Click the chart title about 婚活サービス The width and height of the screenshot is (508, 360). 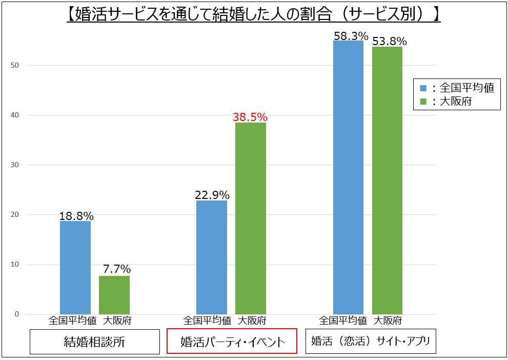[x=254, y=14]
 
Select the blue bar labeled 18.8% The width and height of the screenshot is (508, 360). [x=75, y=267]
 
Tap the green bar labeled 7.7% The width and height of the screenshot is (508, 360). [x=114, y=295]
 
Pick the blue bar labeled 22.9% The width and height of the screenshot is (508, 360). [x=212, y=257]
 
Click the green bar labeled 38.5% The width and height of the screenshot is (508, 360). [x=251, y=218]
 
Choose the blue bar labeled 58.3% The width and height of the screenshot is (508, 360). [x=348, y=177]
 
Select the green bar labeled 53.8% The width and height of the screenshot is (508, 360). [x=387, y=180]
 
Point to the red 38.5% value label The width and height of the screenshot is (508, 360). [x=250, y=117]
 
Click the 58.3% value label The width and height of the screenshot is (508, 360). [x=351, y=36]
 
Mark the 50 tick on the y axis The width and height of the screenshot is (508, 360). [x=15, y=65]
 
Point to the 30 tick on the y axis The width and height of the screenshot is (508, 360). [x=15, y=165]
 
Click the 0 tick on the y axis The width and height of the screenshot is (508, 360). [x=16, y=314]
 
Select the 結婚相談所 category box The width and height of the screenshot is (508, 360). [x=94, y=342]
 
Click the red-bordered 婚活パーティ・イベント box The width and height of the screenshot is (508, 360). [x=232, y=342]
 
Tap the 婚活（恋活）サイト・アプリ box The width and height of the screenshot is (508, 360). [x=371, y=341]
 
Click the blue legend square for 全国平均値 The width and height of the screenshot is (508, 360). [x=423, y=88]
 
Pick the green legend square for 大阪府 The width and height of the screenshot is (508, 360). [x=423, y=102]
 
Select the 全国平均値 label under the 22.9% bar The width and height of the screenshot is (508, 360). [x=207, y=321]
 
